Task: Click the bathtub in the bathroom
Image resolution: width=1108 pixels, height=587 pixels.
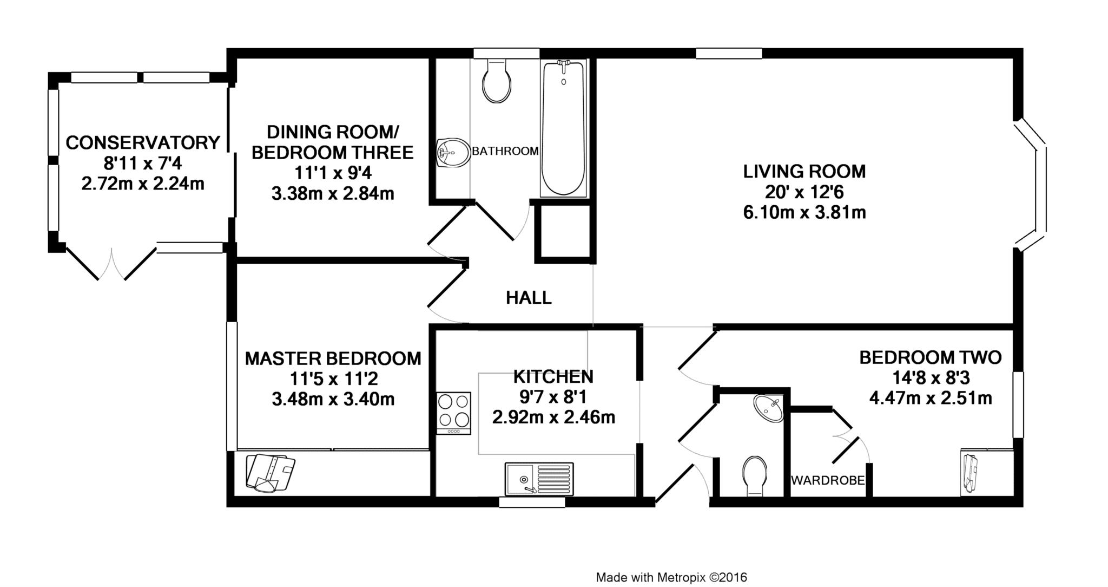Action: click(x=563, y=128)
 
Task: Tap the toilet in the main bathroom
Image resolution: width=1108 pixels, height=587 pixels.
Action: click(x=497, y=81)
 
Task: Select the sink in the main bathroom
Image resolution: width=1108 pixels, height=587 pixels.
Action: click(x=453, y=153)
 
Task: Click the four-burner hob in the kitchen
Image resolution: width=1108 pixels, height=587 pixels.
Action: click(x=453, y=413)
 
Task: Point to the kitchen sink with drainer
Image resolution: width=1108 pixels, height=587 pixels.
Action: click(x=539, y=479)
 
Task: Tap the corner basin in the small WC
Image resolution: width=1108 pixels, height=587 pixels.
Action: click(x=769, y=408)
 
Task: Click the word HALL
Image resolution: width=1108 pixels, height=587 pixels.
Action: click(x=529, y=297)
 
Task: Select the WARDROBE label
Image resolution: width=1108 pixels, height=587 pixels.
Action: click(x=828, y=480)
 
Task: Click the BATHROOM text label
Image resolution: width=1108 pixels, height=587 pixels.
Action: click(x=505, y=151)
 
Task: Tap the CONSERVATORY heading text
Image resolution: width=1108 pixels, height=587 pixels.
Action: click(x=143, y=142)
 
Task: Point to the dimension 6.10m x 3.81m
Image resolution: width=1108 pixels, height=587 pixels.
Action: click(x=804, y=212)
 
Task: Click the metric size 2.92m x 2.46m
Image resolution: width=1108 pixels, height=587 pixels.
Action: click(x=553, y=418)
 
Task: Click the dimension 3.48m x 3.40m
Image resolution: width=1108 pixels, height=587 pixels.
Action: click(x=333, y=400)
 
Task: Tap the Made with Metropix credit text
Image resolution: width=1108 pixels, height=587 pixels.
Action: click(x=671, y=577)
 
